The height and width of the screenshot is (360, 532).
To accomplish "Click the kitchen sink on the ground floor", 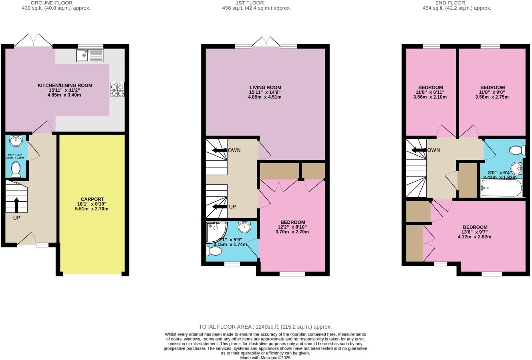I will pos(90,55).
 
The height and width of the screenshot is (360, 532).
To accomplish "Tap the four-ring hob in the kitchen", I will pos(117,90).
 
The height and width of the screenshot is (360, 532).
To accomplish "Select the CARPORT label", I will pos(92,199).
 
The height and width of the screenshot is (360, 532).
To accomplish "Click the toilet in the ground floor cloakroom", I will pos(16,169).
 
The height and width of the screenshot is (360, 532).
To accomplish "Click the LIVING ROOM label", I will pos(265,87).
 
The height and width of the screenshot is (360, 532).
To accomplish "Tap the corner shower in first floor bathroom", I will pos(216,232).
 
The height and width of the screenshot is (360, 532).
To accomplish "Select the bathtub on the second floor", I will pos(502,188).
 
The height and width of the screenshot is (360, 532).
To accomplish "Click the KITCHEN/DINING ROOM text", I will pos(65,85).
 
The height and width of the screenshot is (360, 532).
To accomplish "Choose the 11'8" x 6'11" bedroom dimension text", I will pos(431,92).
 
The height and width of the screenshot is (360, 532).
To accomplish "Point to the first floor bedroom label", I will pos(292,222).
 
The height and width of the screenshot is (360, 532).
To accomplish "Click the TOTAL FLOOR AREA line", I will pos(265,327).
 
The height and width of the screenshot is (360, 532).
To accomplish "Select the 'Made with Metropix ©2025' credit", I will pos(265,358).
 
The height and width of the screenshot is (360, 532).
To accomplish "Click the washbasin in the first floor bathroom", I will pos(245,227).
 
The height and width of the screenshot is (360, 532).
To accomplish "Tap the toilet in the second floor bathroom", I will pos(517,150).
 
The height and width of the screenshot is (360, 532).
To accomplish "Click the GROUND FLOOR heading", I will pos(52,3).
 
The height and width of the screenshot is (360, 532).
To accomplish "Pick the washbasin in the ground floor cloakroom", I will pos(16,141).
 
